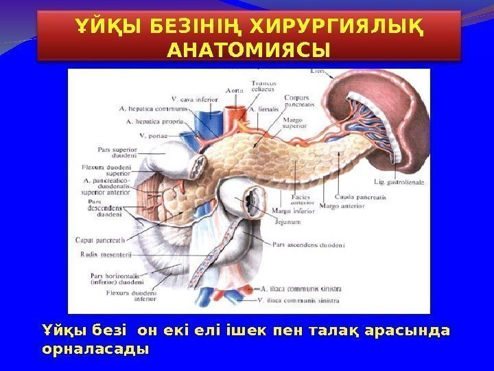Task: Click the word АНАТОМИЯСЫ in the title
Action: click(247, 50)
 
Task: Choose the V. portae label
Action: click(152, 135)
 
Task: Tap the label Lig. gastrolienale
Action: click(400, 183)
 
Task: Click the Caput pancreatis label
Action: click(99, 240)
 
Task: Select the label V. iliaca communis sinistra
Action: click(300, 301)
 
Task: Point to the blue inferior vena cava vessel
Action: click(205, 124)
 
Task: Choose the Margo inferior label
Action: click(294, 212)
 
